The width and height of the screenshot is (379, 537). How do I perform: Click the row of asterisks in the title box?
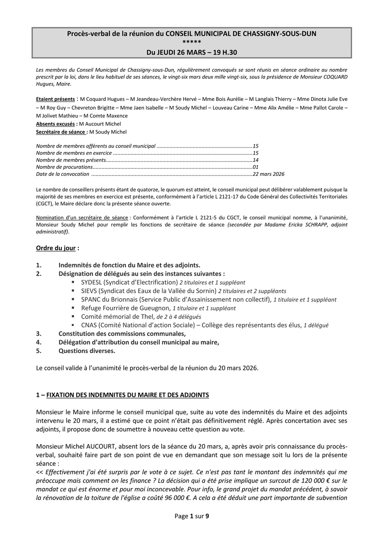tap(192, 43)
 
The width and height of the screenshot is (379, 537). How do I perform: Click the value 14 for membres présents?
tap(256, 160)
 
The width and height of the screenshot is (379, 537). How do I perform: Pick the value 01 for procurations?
tap(256, 167)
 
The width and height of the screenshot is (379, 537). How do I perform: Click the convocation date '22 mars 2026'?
tap(269, 174)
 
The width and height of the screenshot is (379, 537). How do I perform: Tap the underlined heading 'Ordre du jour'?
tap(56, 248)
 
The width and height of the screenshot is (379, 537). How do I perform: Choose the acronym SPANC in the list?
tap(91, 300)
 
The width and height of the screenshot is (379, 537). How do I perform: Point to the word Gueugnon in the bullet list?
tap(156, 308)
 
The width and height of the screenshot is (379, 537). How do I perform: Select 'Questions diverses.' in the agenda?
tap(87, 351)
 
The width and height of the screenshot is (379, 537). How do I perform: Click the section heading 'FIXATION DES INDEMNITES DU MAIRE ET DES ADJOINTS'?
tap(128, 395)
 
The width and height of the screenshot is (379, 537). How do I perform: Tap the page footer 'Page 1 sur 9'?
tap(192, 516)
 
